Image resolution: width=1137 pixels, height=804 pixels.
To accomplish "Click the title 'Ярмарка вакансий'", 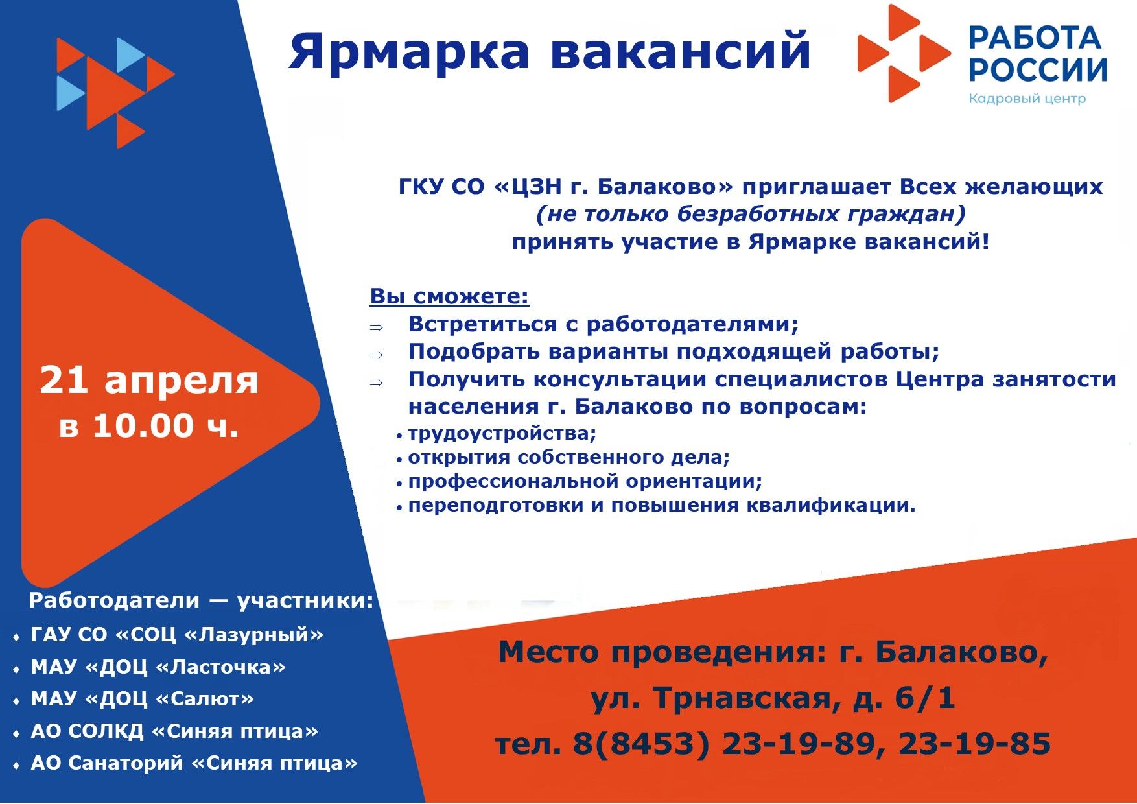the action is point(550,52).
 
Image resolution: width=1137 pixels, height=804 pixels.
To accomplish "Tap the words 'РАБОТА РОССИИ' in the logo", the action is point(1038,54).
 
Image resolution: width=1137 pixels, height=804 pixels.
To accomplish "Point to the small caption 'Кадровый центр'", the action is point(1027,99).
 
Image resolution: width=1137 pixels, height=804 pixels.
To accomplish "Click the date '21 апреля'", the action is point(149,381).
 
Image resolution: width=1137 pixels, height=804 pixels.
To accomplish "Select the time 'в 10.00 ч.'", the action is point(149,426).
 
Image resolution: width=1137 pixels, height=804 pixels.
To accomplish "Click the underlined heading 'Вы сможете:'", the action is point(449,296).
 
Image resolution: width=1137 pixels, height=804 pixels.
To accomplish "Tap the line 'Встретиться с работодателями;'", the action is point(603,324).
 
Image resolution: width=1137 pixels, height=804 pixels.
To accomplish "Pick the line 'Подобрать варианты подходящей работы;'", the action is point(674,351).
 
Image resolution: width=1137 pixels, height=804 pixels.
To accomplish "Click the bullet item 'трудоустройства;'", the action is point(502,433).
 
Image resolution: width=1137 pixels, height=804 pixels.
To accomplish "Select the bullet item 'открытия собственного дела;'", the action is point(568,457).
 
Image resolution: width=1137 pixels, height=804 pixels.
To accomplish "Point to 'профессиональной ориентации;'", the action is point(585,481).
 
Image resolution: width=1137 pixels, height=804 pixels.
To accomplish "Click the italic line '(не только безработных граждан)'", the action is point(751,214).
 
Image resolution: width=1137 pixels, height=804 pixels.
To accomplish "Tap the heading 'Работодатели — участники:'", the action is point(201,600).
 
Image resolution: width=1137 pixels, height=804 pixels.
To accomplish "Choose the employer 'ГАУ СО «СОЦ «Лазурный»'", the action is point(177,634).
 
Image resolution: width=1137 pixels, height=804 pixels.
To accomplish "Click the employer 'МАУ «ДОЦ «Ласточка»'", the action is point(158,667).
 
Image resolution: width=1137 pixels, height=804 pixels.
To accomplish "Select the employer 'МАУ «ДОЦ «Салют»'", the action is point(143,699).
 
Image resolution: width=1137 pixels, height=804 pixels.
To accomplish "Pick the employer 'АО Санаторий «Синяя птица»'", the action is point(194,763).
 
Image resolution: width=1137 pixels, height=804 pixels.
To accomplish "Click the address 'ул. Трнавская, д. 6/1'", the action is point(773,698).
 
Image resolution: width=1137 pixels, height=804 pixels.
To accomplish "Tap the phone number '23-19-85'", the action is point(974,744).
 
